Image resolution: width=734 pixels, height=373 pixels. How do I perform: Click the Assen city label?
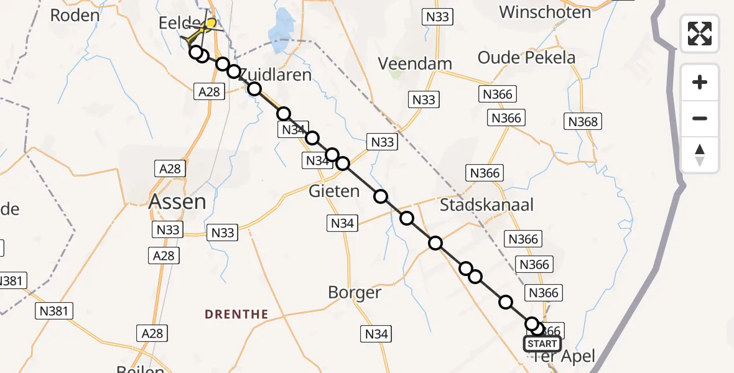[x=177, y=201]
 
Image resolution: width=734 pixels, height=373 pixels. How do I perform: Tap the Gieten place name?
[x=335, y=191]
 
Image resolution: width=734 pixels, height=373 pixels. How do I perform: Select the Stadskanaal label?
[x=486, y=205]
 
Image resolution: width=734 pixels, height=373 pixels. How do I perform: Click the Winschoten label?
[x=545, y=12]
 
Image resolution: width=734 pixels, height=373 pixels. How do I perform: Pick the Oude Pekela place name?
[x=526, y=58]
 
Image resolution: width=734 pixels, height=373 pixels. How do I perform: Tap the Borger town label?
[x=355, y=292]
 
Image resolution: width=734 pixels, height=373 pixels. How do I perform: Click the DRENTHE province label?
[x=236, y=315]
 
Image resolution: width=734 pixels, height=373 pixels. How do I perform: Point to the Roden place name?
[x=75, y=15]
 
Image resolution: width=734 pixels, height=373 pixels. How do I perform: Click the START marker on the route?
[x=542, y=344]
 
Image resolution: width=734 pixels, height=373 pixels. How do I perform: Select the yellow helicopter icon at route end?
[x=210, y=25]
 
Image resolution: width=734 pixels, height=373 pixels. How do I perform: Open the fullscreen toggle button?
[x=700, y=33]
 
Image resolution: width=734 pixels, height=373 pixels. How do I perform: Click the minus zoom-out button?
[x=700, y=118]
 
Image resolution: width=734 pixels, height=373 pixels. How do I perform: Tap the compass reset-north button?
[x=700, y=154]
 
